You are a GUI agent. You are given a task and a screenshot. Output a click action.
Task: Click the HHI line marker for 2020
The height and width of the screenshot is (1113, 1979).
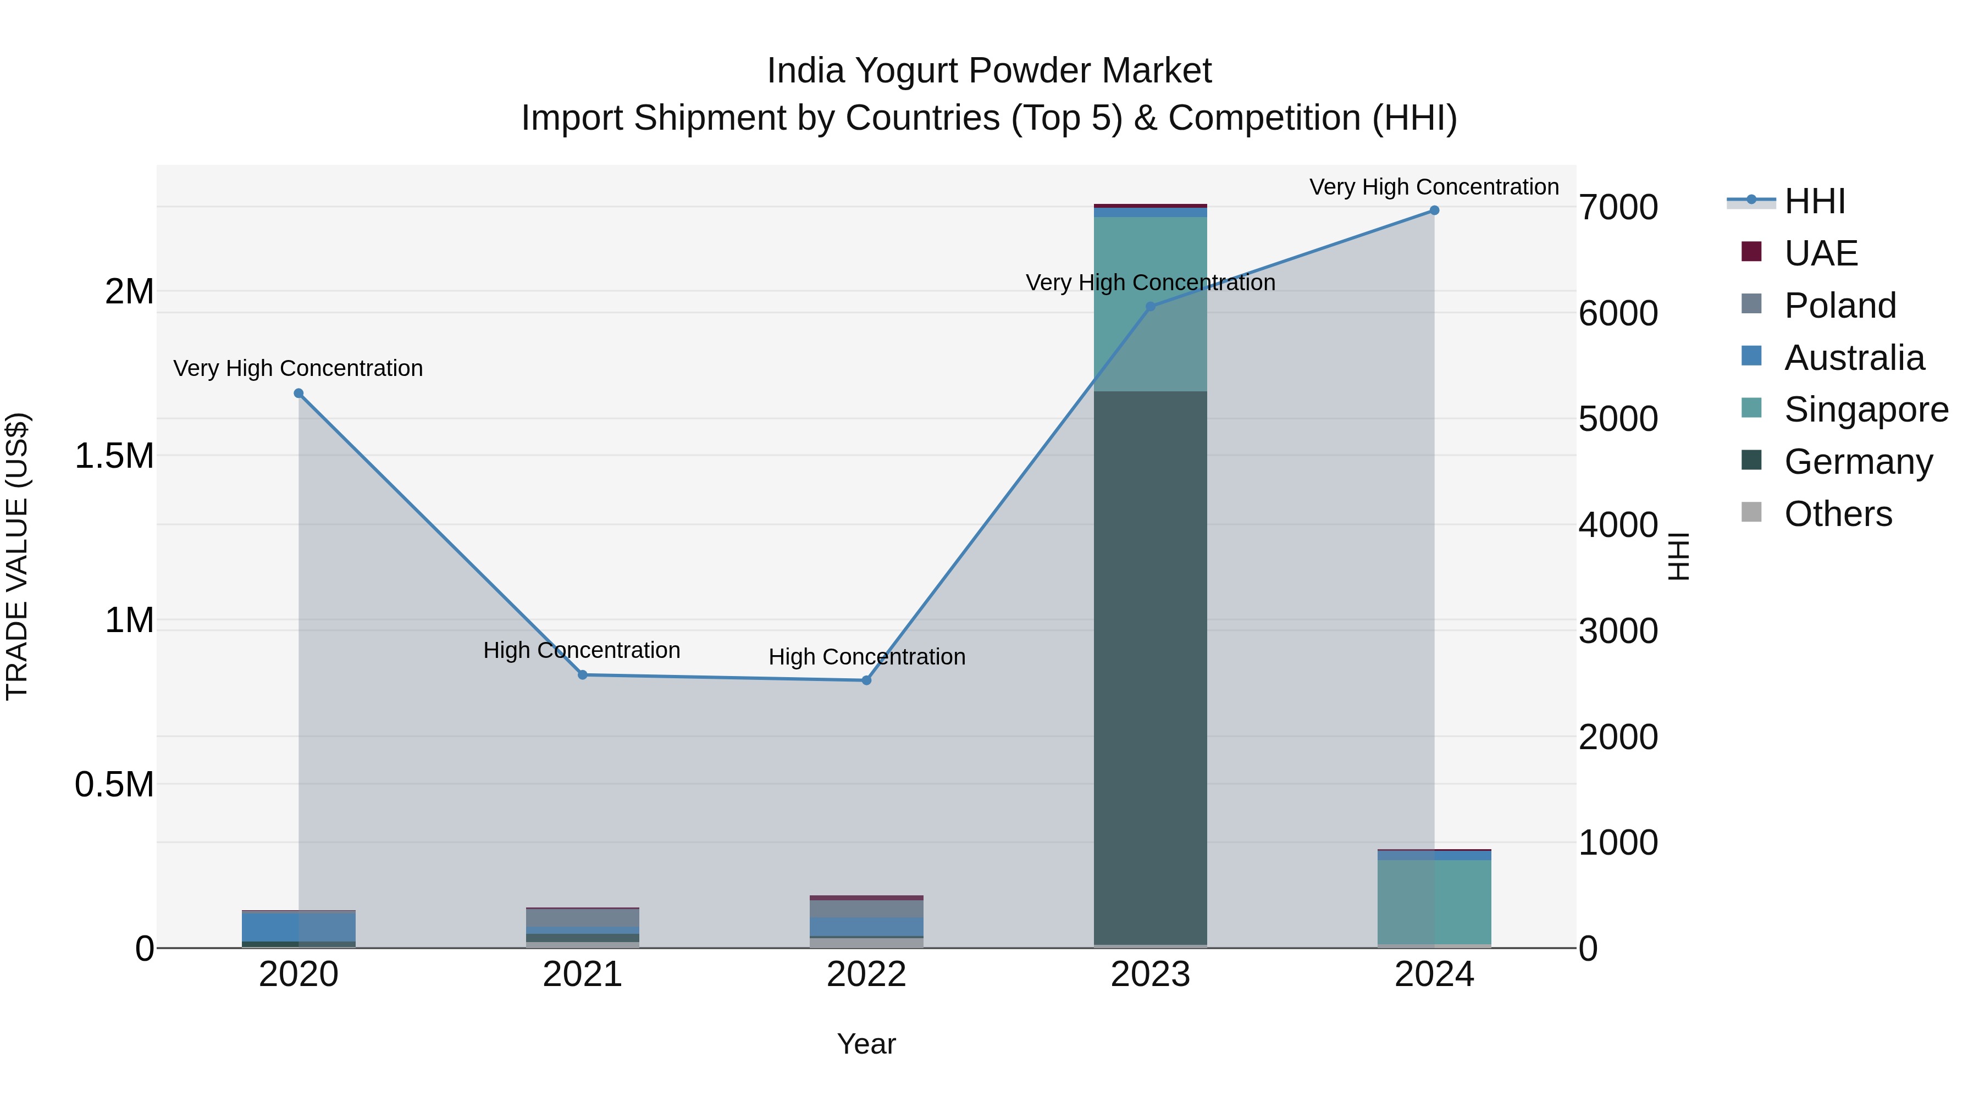pyautogui.click(x=299, y=394)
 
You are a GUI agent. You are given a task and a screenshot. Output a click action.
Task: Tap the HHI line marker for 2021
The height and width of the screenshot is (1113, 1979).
pyautogui.click(x=582, y=675)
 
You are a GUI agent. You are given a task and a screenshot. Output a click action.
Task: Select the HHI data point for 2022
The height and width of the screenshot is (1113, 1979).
pyautogui.click(x=866, y=680)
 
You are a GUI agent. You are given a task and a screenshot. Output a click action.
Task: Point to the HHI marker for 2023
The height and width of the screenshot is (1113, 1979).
pyautogui.click(x=1150, y=307)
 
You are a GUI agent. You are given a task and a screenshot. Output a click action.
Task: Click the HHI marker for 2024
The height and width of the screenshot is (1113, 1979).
pyautogui.click(x=1434, y=211)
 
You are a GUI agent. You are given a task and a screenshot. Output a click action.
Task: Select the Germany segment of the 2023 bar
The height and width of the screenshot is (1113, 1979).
pyautogui.click(x=1150, y=668)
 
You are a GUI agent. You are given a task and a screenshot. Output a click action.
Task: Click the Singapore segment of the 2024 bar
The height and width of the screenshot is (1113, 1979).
pyautogui.click(x=1434, y=902)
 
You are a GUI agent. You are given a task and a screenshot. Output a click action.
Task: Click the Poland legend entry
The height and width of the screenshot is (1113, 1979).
pyautogui.click(x=1839, y=306)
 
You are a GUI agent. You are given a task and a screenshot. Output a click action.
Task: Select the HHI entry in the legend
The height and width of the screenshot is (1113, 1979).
pyautogui.click(x=1814, y=201)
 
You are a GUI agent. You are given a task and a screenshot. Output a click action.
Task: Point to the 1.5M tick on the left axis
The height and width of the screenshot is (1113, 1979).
pyautogui.click(x=114, y=456)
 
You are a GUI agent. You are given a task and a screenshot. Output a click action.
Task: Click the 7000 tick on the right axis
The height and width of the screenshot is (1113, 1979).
pyautogui.click(x=1618, y=207)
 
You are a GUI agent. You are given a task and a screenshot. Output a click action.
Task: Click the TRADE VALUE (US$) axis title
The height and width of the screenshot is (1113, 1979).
pyautogui.click(x=17, y=556)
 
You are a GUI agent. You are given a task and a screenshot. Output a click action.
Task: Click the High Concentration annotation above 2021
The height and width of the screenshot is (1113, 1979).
pyautogui.click(x=582, y=651)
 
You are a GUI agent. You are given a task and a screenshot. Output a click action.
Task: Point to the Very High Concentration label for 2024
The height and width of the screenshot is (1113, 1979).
pyautogui.click(x=1434, y=187)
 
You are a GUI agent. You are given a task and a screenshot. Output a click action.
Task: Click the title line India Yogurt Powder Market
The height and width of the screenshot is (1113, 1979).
pyautogui.click(x=989, y=71)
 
